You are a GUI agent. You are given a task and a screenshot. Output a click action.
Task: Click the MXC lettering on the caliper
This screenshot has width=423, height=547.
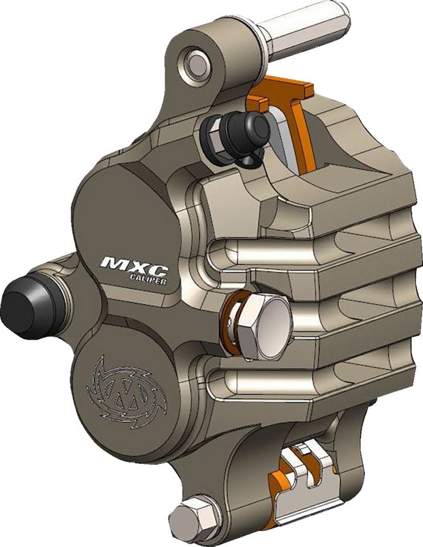(x=132, y=264)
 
